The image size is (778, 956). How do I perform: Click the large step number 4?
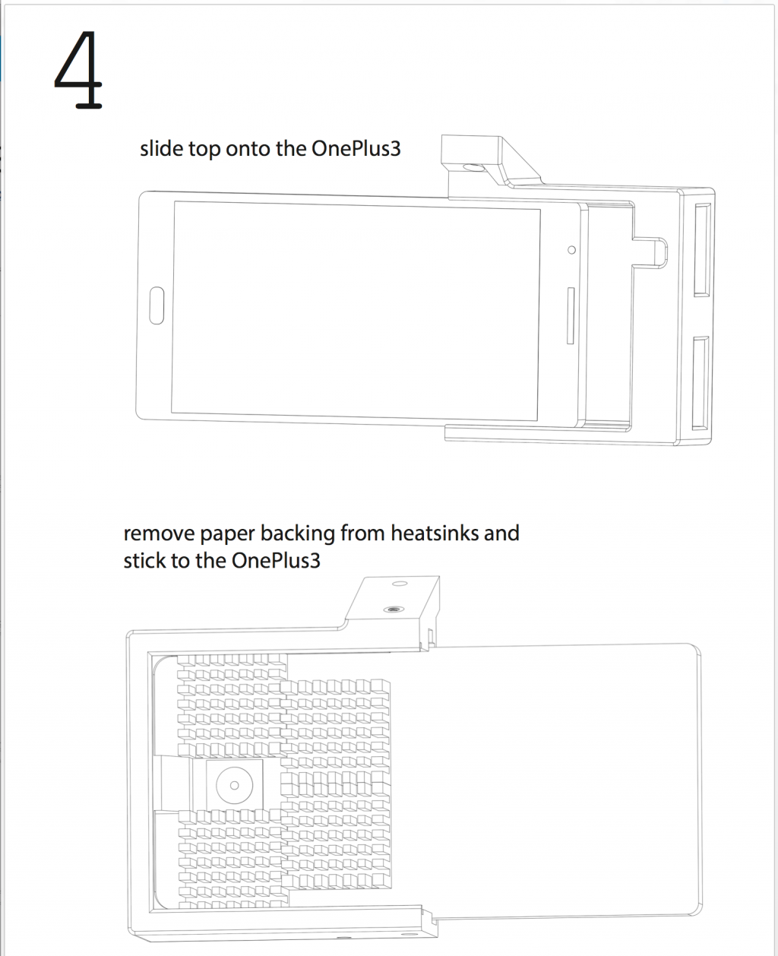[78, 71]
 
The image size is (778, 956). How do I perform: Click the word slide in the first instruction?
[161, 149]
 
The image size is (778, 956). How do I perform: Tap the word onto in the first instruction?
[248, 149]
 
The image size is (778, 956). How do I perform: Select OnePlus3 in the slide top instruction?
[356, 149]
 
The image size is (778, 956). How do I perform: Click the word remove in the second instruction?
[158, 533]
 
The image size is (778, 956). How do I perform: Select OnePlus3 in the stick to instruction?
[276, 561]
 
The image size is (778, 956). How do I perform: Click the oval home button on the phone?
[157, 305]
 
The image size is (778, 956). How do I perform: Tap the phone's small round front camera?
[571, 250]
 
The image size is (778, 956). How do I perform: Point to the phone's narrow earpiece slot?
[570, 315]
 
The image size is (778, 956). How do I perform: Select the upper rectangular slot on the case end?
[701, 248]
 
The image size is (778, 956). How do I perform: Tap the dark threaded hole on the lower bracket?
[393, 609]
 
